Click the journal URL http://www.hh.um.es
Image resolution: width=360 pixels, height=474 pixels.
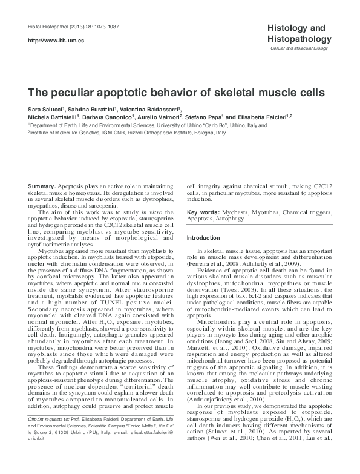pos(48,39)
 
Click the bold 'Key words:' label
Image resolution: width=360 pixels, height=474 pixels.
pos(203,213)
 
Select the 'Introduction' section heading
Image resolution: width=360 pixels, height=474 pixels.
pos(203,238)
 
